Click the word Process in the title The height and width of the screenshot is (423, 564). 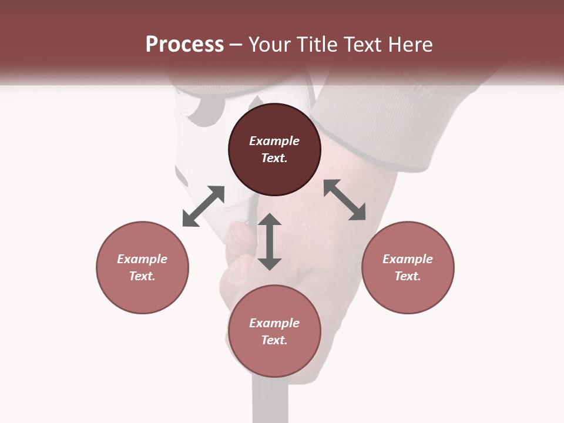pos(184,45)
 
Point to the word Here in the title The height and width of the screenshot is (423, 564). pos(411,45)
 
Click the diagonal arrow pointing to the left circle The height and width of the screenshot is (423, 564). pos(203,206)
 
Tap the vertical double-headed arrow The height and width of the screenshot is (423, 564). pos(270,241)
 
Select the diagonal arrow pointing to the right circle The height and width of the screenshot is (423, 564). pos(345,200)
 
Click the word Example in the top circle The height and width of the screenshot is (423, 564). pos(274,141)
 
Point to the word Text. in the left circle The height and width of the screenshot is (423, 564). pos(142,276)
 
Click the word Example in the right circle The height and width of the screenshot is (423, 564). pos(408,259)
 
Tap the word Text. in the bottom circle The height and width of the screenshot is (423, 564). pos(274,340)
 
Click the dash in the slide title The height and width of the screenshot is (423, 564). pos(236,45)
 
